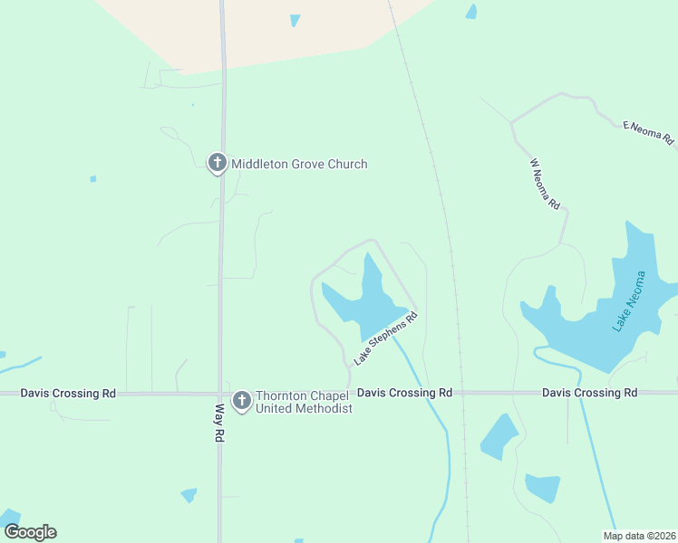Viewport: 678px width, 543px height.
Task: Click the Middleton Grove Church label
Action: [x=299, y=164]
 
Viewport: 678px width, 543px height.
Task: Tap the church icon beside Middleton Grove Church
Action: [x=217, y=163]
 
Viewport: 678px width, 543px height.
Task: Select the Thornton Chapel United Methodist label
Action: [x=304, y=402]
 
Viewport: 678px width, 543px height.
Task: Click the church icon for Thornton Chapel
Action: [x=241, y=400]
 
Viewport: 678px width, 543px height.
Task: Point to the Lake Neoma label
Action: [x=632, y=301]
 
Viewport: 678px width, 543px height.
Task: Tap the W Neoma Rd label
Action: [x=545, y=185]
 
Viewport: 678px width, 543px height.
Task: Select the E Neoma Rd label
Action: [x=648, y=132]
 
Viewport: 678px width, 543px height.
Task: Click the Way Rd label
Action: [x=218, y=422]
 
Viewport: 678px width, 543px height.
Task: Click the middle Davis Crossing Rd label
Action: [x=404, y=393]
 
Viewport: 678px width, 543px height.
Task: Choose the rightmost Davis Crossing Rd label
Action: [x=589, y=393]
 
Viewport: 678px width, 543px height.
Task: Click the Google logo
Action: [x=30, y=532]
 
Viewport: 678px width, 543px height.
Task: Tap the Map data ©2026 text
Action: [x=640, y=536]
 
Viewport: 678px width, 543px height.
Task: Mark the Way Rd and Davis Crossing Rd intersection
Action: [x=218, y=394]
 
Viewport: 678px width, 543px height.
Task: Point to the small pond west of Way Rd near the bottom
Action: [x=189, y=495]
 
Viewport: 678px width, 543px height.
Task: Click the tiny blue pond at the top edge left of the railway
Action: [x=295, y=20]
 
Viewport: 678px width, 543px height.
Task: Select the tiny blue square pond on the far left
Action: [x=92, y=179]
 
